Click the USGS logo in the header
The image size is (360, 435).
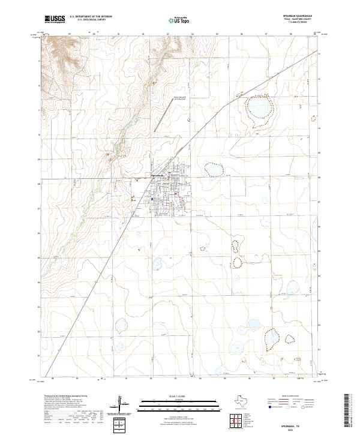pyautogui.click(x=55, y=20)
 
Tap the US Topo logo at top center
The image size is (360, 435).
pyautogui.click(x=180, y=20)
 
